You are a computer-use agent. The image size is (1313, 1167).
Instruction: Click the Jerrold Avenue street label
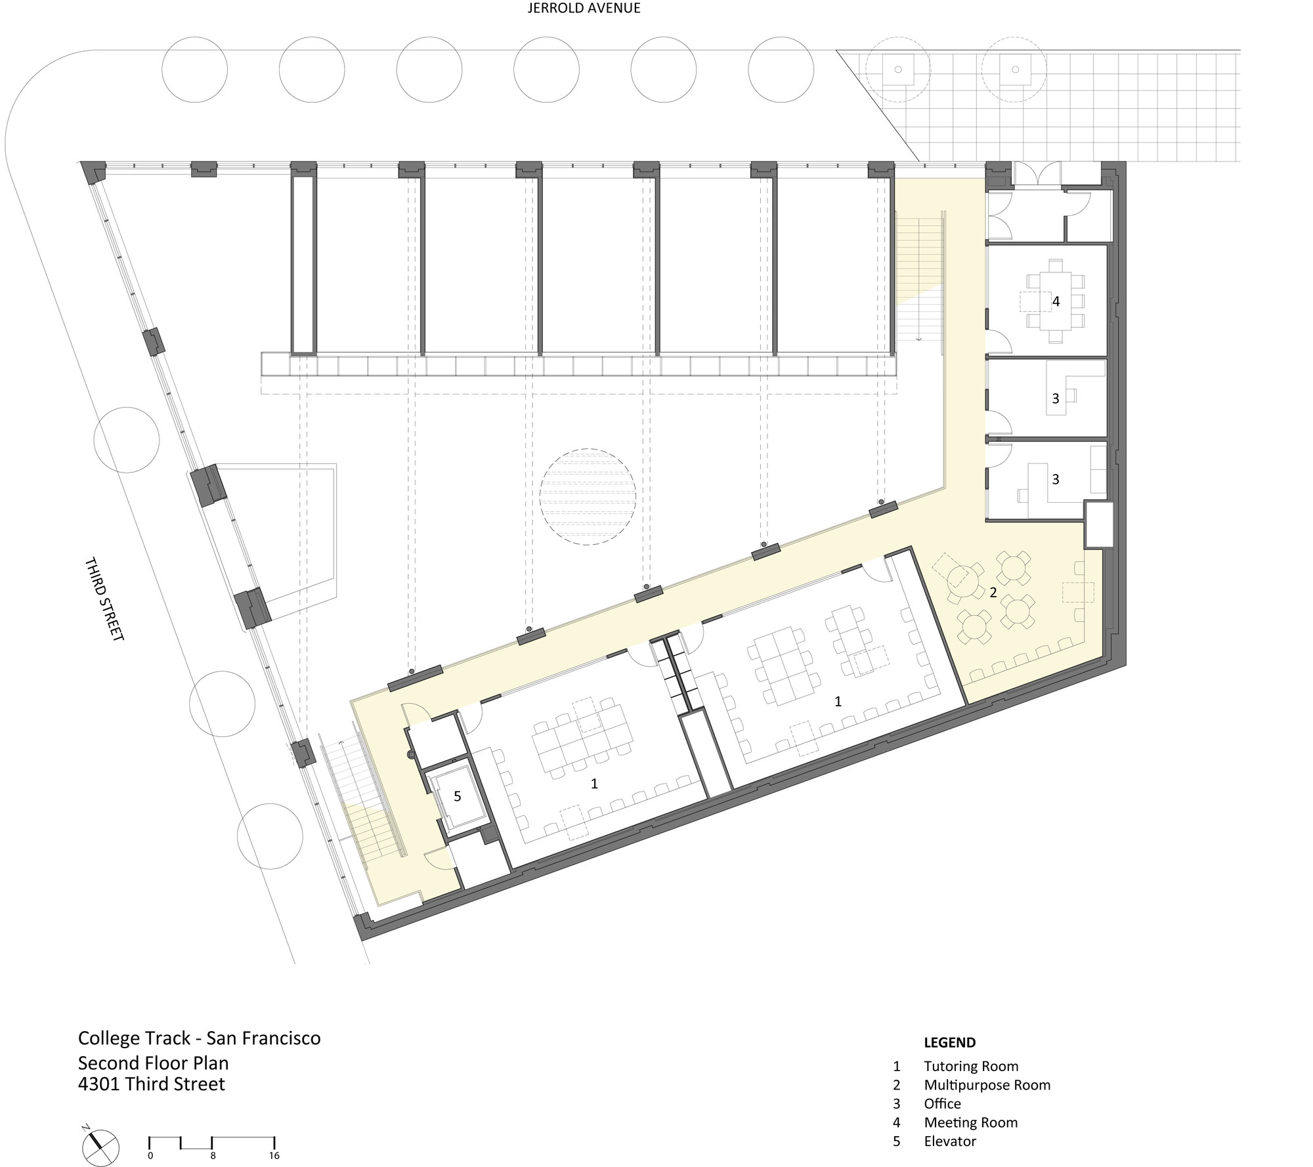point(584,9)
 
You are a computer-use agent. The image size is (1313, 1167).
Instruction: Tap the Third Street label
point(104,599)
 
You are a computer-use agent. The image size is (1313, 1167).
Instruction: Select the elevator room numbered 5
point(458,797)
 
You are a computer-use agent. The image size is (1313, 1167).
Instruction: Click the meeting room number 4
point(1056,301)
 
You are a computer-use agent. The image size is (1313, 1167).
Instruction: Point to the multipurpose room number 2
point(993,593)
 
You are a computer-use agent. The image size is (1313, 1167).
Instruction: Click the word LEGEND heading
point(950,1042)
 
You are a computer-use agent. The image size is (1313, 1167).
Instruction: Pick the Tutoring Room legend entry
point(971,1067)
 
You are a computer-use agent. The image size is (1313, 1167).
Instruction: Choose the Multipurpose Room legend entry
point(987,1085)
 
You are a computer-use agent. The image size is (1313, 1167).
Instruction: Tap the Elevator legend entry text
point(950,1141)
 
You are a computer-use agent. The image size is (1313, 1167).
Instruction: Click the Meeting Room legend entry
point(971,1122)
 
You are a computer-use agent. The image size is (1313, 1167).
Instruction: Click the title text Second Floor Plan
point(154,1063)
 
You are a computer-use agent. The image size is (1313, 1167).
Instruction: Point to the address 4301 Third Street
point(152,1084)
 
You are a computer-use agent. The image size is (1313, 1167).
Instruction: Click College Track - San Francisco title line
point(200,1038)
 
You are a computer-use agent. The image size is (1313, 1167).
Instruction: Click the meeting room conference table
point(1056,301)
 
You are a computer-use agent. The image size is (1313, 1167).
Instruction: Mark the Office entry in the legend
point(942,1104)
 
